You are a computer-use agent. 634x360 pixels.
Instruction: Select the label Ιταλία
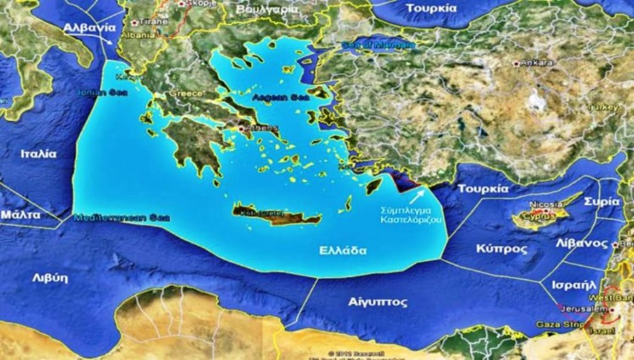(39, 154)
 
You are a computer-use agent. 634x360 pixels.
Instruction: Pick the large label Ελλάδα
(343, 251)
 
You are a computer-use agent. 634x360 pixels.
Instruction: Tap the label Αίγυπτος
(378, 302)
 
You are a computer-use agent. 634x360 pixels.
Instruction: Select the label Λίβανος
(584, 243)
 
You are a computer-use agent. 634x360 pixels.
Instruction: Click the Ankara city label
(538, 62)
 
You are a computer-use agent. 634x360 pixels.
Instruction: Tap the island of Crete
(276, 214)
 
